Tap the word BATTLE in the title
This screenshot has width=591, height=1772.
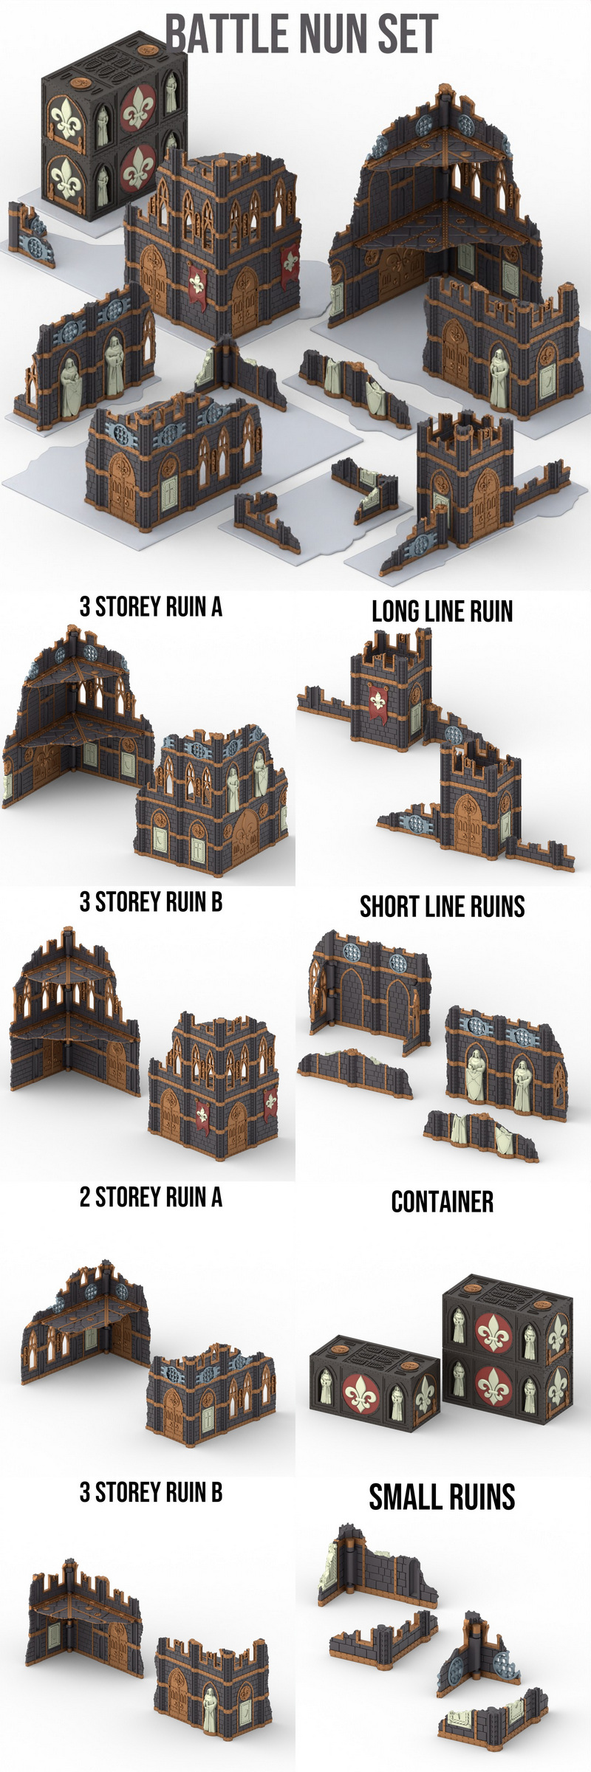pos(211,34)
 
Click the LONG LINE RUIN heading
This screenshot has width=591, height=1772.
pos(442,611)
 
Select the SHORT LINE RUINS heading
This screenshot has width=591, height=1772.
pos(442,907)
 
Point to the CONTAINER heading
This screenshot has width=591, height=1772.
pos(442,1202)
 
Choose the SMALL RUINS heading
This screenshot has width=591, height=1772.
pos(442,1497)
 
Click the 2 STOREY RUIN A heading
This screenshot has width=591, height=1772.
pos(151,1197)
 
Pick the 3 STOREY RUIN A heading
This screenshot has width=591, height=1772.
pos(151,607)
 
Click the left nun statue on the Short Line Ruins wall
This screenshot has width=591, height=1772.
pos(475,1075)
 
